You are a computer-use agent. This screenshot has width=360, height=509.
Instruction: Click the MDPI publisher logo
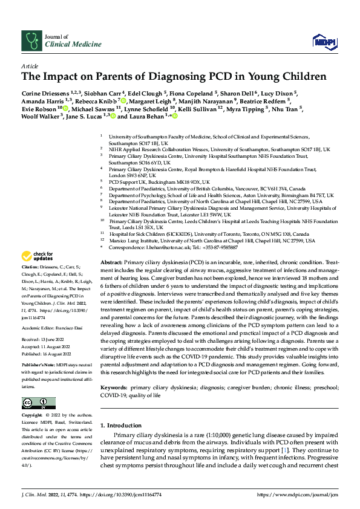(324, 41)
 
